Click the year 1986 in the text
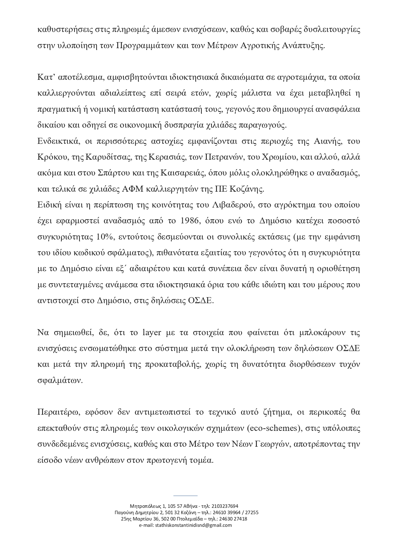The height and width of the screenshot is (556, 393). coord(189,221)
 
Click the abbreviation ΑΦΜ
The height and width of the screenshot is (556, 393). coord(131,189)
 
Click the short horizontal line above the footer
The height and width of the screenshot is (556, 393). coord(185,495)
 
